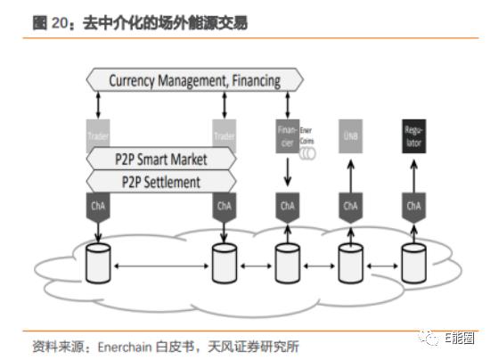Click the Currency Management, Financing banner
(x=194, y=80)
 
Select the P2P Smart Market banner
(x=160, y=160)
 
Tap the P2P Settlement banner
(x=160, y=182)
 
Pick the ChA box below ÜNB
(x=350, y=207)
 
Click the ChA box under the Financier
(x=287, y=207)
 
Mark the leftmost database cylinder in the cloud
(x=97, y=265)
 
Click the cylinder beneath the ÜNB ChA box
(x=350, y=265)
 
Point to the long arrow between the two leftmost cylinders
(x=160, y=266)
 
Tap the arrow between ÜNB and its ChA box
(x=350, y=173)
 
